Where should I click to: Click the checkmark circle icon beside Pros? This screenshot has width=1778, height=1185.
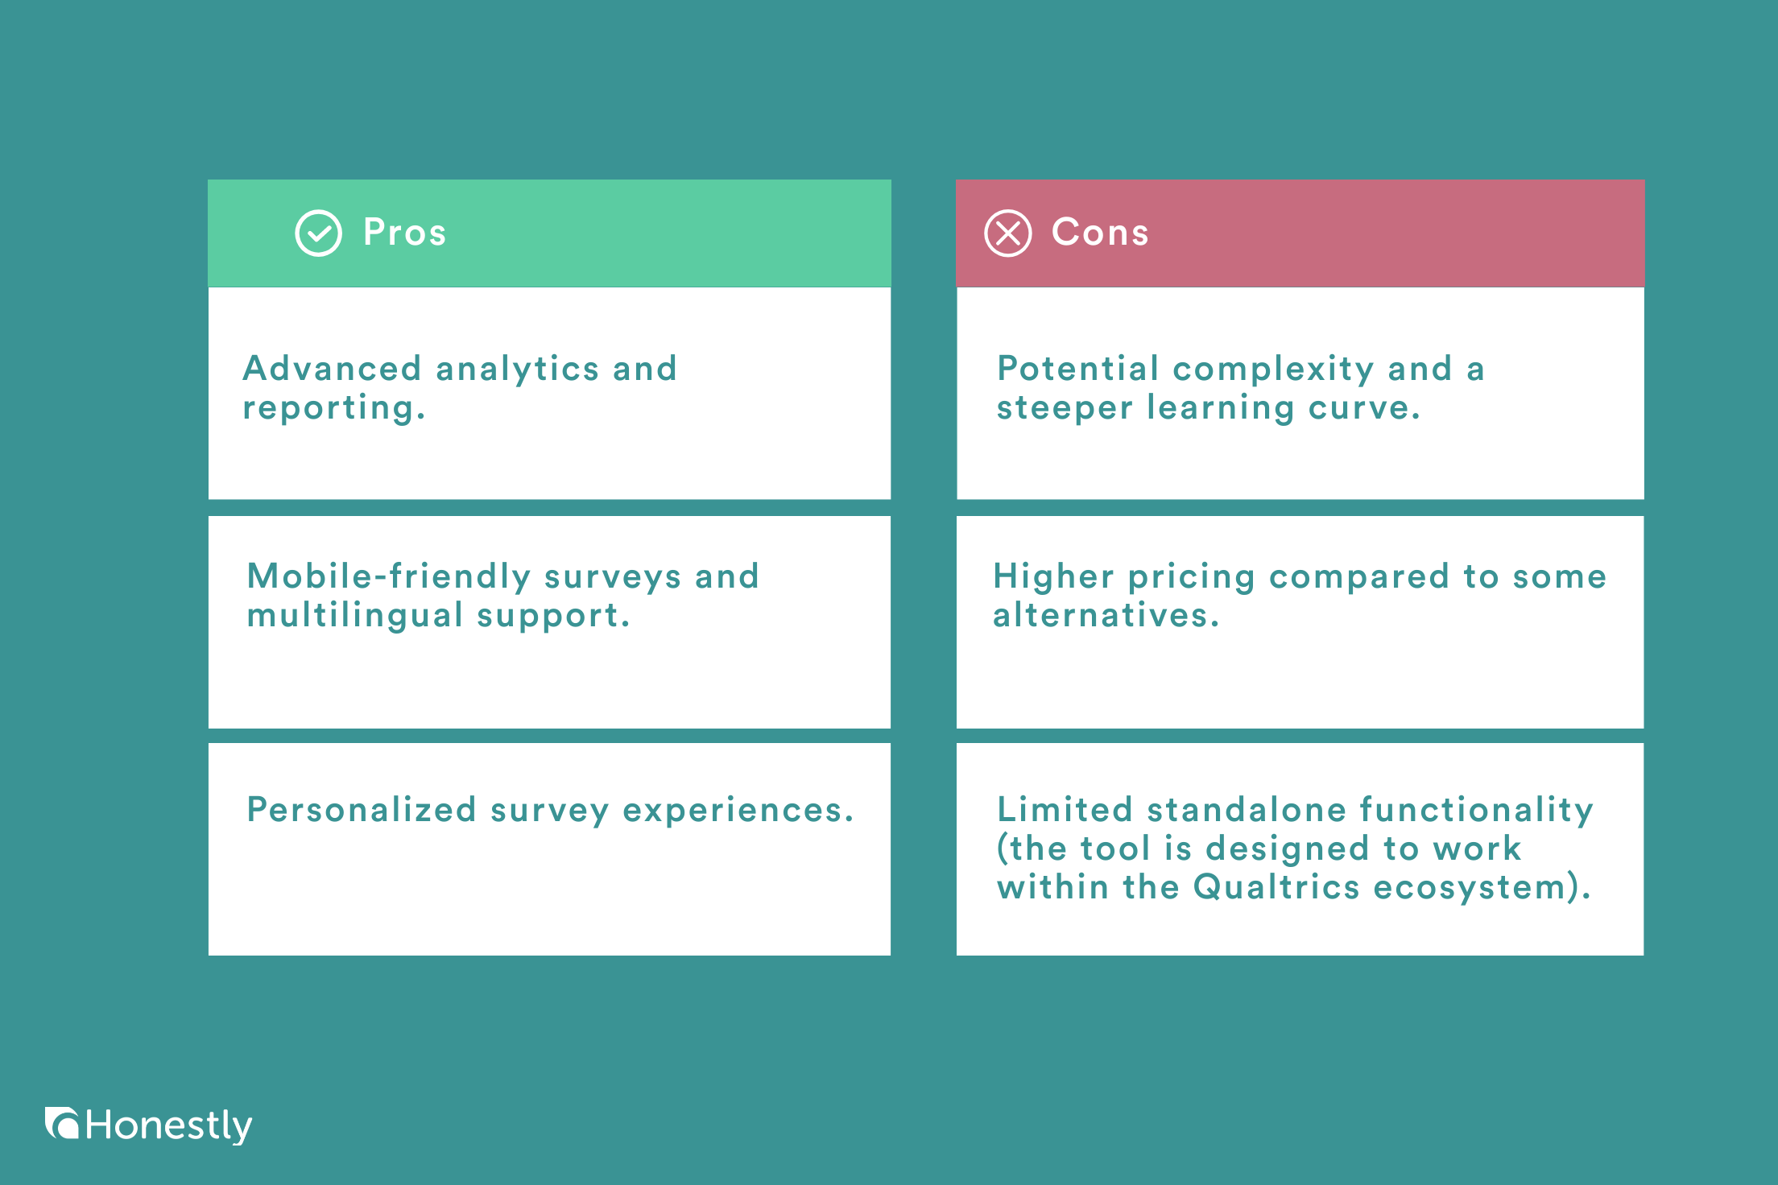(319, 233)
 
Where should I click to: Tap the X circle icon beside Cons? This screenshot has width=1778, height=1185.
(1007, 233)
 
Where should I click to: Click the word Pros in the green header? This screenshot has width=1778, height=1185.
(404, 233)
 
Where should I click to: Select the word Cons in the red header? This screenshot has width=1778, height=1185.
(1100, 233)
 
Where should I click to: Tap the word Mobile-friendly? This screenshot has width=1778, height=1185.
(389, 576)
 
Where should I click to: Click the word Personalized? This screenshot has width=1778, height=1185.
(362, 810)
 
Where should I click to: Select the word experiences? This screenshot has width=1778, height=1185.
(738, 810)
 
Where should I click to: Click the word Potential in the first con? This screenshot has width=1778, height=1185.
(1078, 369)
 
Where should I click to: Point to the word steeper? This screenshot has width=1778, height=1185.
(1065, 408)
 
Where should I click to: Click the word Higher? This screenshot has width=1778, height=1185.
(1053, 576)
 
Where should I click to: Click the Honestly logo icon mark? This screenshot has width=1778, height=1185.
(61, 1124)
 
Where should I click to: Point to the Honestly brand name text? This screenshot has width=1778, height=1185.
(169, 1125)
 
